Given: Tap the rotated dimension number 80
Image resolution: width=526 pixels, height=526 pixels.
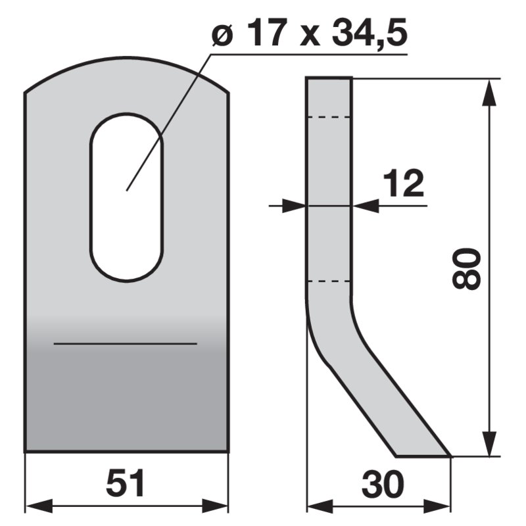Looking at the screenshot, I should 467,269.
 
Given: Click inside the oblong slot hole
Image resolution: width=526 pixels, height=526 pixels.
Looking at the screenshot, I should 126,197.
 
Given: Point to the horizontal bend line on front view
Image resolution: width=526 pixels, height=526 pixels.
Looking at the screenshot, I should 125,343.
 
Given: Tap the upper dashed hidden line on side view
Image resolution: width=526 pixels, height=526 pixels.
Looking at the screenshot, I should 329,118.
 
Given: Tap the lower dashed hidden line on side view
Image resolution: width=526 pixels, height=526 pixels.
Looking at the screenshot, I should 329,281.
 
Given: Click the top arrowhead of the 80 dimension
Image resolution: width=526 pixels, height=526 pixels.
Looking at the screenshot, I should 489,93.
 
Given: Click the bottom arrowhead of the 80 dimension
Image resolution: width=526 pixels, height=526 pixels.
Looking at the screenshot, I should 489,442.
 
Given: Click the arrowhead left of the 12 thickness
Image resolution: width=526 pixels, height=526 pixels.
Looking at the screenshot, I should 295,206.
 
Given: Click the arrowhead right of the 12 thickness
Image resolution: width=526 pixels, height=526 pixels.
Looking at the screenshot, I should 366,206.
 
